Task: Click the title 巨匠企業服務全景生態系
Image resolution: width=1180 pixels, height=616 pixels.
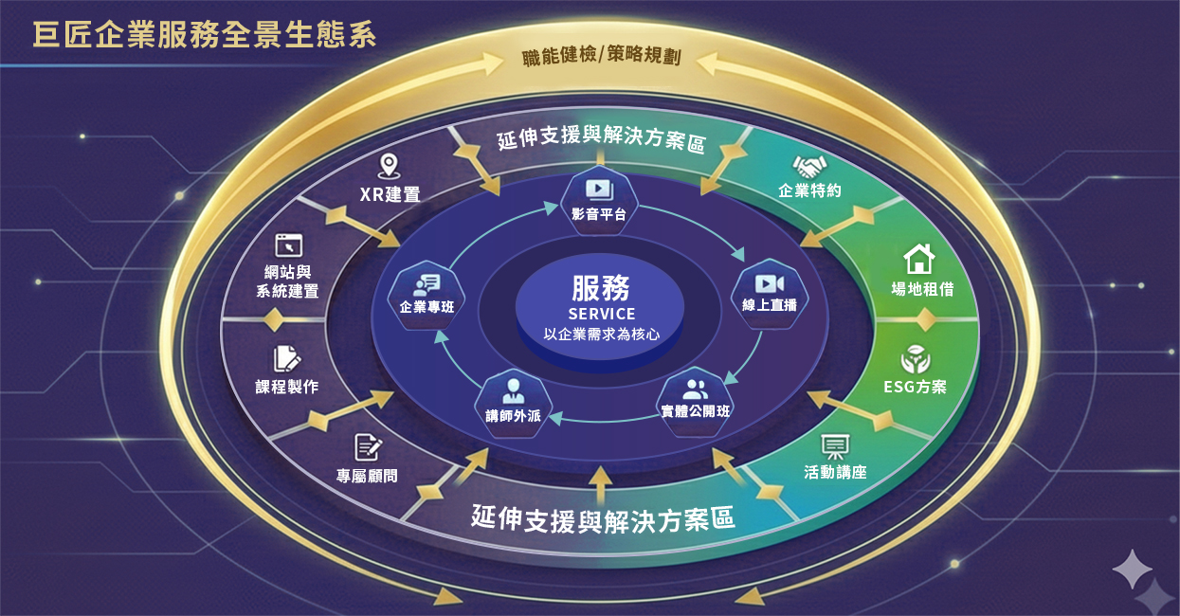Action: (x=205, y=35)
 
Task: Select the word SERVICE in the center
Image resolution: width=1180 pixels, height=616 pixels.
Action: (x=601, y=314)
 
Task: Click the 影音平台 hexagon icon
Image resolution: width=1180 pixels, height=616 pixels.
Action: (x=599, y=190)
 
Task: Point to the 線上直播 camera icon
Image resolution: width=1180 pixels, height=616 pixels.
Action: (x=769, y=283)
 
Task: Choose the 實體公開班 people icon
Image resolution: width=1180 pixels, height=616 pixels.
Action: (x=695, y=389)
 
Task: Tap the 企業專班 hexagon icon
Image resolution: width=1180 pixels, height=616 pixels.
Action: (x=427, y=285)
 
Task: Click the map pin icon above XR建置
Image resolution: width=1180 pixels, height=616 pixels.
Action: (x=388, y=167)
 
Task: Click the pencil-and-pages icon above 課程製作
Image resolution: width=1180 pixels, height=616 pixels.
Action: (x=286, y=358)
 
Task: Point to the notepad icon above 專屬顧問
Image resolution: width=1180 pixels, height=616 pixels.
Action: (x=367, y=446)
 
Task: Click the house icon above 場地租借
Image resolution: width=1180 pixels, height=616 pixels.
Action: (x=918, y=259)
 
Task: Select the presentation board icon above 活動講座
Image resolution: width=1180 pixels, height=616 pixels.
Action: (x=834, y=445)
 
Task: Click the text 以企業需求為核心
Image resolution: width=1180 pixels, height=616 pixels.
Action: (x=601, y=334)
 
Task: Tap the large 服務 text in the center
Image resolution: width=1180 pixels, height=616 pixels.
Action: (x=601, y=287)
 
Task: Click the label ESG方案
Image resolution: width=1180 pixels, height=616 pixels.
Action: (x=915, y=387)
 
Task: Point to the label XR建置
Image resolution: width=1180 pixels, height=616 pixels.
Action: (x=390, y=195)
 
